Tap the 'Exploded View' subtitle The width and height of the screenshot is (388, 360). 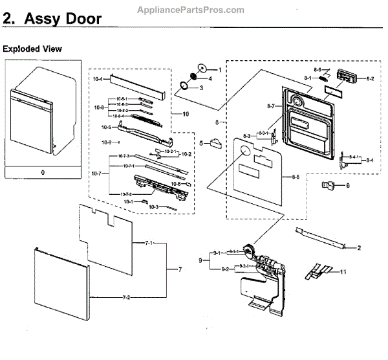(32, 49)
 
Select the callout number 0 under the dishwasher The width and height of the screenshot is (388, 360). (43, 173)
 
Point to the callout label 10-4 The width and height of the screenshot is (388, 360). (98, 78)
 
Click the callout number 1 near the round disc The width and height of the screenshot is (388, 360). (219, 69)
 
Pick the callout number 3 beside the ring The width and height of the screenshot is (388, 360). (201, 88)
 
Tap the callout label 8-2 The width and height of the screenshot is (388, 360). (370, 78)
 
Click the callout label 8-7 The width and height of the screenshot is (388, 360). (270, 106)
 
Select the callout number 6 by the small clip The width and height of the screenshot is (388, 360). (347, 186)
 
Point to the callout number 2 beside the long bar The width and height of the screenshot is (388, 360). (358, 247)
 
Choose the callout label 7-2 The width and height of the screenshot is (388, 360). (127, 297)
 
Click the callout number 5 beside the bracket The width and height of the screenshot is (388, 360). (201, 143)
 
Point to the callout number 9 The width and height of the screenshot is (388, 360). (200, 260)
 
